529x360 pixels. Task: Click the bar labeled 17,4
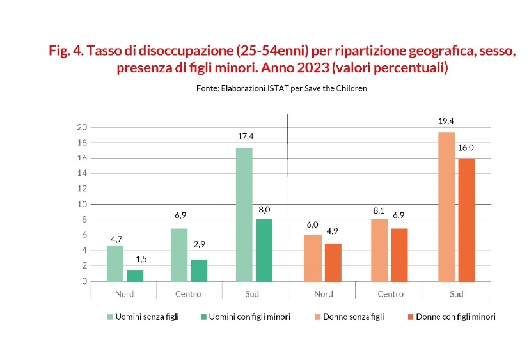click(x=244, y=214)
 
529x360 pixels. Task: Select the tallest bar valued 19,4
click(x=446, y=207)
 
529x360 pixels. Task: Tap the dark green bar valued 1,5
click(x=134, y=276)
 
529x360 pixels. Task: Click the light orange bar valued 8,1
click(x=379, y=250)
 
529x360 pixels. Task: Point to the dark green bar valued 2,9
click(x=200, y=270)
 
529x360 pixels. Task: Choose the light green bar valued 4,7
click(x=115, y=263)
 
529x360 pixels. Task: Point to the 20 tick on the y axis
click(x=81, y=127)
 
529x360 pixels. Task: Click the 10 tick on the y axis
click(x=81, y=205)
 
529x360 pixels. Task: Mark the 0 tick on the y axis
click(x=84, y=281)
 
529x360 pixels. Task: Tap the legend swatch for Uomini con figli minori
click(x=204, y=317)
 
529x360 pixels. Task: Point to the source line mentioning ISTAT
click(x=281, y=88)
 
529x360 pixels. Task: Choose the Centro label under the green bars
click(x=188, y=294)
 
